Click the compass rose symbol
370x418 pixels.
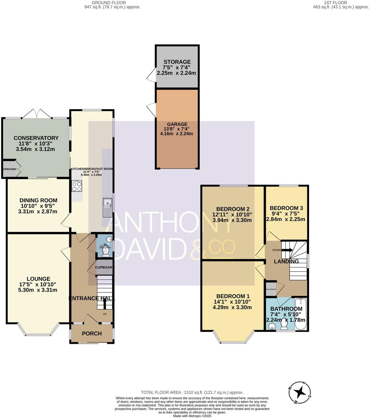pyautogui.click(x=300, y=392)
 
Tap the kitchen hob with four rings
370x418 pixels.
pyautogui.click(x=77, y=186)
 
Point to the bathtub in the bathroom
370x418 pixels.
pyautogui.click(x=300, y=314)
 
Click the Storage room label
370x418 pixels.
pyautogui.click(x=177, y=62)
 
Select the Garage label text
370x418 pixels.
pyautogui.click(x=177, y=124)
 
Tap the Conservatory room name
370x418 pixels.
pyautogui.click(x=36, y=138)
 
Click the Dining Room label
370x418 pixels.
pyautogui.click(x=38, y=200)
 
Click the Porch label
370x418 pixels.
pyautogui.click(x=92, y=333)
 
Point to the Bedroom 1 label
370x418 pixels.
pyautogui.click(x=233, y=296)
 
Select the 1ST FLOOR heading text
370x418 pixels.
pyautogui.click(x=335, y=2)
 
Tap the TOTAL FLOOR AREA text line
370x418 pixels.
pyautogui.click(x=192, y=392)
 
